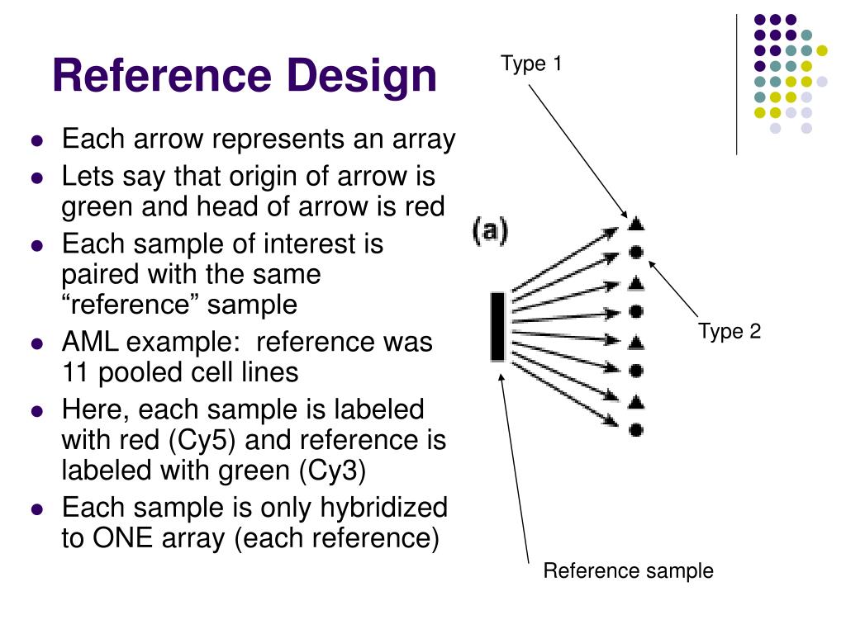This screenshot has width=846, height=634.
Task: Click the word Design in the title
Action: pyautogui.click(x=363, y=76)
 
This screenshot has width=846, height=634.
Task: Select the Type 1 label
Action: pyautogui.click(x=531, y=64)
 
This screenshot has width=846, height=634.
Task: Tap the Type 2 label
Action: pyautogui.click(x=729, y=332)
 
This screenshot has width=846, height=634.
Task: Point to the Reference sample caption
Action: pyautogui.click(x=628, y=571)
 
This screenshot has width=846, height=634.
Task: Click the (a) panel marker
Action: pyautogui.click(x=490, y=230)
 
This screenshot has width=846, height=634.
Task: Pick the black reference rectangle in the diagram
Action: pyautogui.click(x=497, y=326)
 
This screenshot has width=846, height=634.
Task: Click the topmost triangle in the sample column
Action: pyautogui.click(x=635, y=224)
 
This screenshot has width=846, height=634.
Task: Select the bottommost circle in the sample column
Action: pyautogui.click(x=635, y=429)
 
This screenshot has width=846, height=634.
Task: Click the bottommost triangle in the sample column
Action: pyautogui.click(x=635, y=402)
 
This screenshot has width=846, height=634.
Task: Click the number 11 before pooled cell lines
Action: pyautogui.click(x=77, y=372)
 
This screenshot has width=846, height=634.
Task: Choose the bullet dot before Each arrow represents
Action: pyautogui.click(x=36, y=141)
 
